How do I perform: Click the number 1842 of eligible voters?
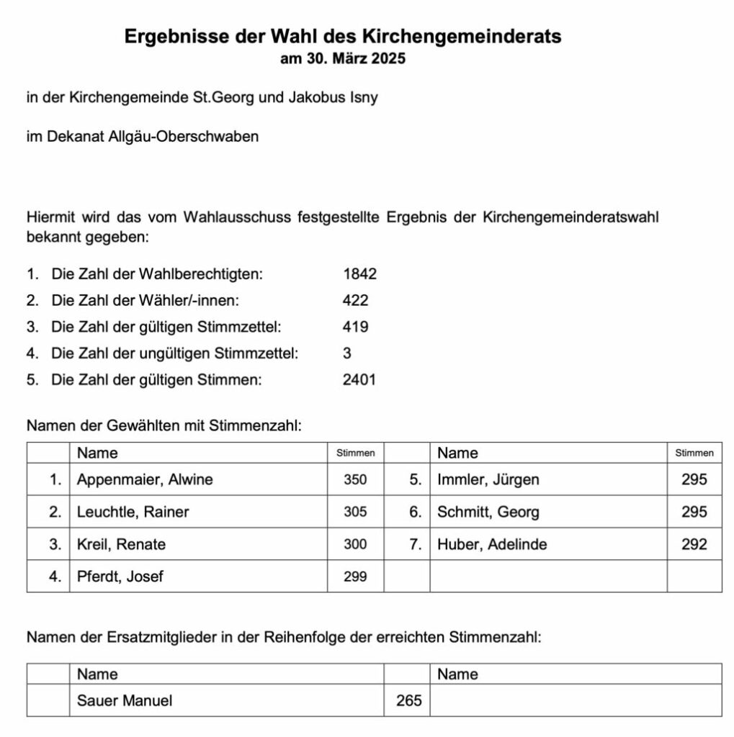(x=360, y=273)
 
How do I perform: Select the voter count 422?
(x=356, y=300)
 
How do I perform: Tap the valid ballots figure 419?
(x=356, y=327)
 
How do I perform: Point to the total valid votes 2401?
(x=359, y=380)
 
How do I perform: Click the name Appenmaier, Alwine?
(x=145, y=479)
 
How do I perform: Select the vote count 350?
(x=355, y=479)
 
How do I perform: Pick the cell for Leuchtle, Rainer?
(x=133, y=512)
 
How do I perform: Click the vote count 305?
(x=355, y=512)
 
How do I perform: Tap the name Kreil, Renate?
(x=121, y=545)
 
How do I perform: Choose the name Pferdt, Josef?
(x=120, y=577)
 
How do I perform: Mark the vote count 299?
(x=355, y=577)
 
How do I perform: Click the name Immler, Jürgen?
(x=488, y=479)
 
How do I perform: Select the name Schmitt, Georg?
(x=488, y=512)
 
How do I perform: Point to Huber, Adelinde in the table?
(x=492, y=545)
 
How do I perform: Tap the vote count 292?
(x=694, y=545)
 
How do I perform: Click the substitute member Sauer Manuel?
(x=125, y=700)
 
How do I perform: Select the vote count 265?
(x=409, y=700)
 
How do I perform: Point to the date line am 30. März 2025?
(x=343, y=59)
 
